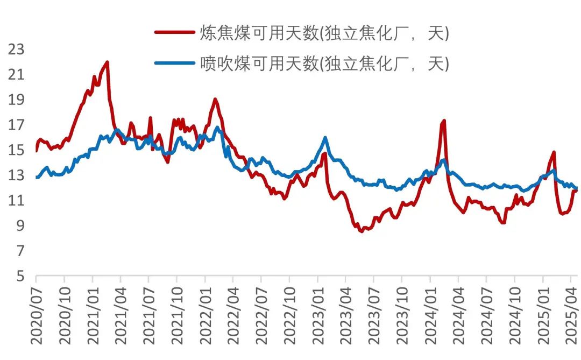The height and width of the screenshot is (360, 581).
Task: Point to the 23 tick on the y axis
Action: [17, 49]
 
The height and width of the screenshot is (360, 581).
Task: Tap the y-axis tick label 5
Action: [20, 277]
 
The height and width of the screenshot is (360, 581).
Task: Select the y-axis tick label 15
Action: [17, 150]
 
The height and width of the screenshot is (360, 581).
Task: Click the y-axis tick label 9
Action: [20, 226]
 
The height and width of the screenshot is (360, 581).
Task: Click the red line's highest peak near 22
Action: [107, 62]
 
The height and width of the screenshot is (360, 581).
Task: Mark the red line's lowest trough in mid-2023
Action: [362, 231]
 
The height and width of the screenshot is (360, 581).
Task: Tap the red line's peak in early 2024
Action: [444, 121]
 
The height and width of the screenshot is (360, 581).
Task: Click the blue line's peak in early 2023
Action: [325, 138]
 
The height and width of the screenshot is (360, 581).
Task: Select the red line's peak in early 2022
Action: [215, 99]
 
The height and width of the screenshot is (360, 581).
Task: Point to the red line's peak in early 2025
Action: [554, 152]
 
